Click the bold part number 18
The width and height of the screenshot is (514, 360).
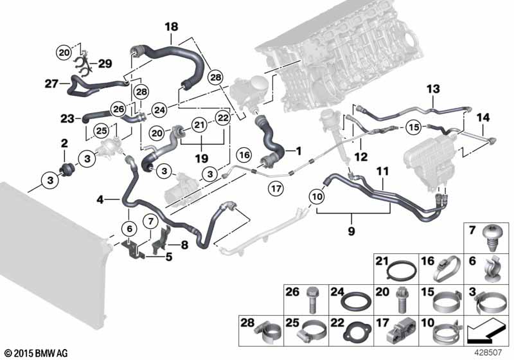point(172,26)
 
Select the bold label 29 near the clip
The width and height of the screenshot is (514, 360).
point(105,64)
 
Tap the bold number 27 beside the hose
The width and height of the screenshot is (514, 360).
point(51,84)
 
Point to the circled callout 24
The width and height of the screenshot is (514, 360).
point(159,110)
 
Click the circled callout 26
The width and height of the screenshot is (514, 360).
point(118,109)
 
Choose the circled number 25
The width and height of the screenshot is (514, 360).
point(102,130)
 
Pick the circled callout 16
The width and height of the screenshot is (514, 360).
point(245,155)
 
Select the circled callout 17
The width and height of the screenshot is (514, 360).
point(276,188)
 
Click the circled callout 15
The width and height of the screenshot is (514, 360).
point(414,127)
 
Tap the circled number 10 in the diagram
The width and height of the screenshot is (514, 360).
point(317,197)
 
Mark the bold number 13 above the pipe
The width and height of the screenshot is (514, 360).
point(433,89)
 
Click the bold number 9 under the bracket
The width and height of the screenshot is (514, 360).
point(351,231)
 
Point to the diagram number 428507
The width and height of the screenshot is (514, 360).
point(487,353)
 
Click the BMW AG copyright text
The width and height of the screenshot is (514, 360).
point(37,353)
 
